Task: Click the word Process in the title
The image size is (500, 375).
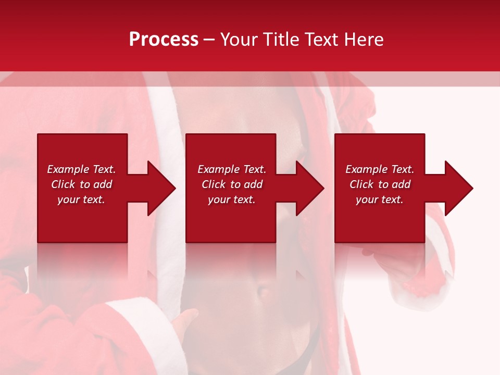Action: pos(164,40)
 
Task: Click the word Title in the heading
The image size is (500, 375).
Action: pos(281,40)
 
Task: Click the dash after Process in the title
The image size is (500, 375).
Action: pos(209,40)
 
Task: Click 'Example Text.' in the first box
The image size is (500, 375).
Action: pos(81,169)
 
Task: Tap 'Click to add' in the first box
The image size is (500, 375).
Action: pos(81,184)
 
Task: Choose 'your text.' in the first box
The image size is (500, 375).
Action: pos(81,199)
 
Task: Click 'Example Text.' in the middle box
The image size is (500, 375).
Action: pos(231,169)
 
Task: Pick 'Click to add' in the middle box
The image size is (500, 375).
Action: pos(231,184)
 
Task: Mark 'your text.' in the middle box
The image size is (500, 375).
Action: pos(231,199)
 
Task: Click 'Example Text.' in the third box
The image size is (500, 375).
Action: pos(380,169)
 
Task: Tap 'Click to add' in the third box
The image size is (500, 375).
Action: pos(380,184)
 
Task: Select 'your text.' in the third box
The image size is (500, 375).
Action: pos(380,199)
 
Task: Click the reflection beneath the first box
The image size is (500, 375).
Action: pos(82,260)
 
